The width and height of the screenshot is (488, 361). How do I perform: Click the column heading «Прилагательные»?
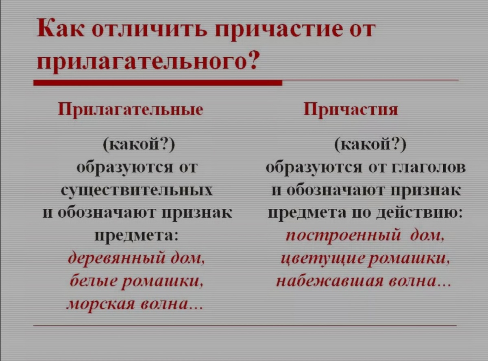coord(131,110)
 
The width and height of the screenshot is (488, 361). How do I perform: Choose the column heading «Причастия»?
coord(351,110)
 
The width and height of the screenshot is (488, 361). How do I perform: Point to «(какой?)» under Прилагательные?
coord(138,145)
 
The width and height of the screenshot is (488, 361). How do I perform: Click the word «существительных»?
coord(137,190)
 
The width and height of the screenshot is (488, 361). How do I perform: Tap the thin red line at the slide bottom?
coord(244,326)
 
